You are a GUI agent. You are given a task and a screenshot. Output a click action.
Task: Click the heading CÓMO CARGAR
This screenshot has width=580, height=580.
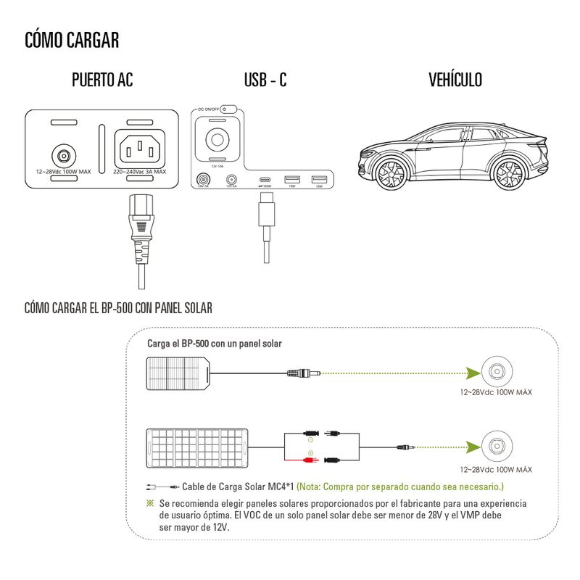click(x=72, y=39)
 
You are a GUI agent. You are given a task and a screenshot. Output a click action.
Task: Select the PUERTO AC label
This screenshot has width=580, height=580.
click(x=102, y=80)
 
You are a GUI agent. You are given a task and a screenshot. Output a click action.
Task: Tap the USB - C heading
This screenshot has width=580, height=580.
click(x=265, y=80)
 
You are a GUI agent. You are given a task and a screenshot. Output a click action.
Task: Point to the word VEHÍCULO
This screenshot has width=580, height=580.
click(x=455, y=80)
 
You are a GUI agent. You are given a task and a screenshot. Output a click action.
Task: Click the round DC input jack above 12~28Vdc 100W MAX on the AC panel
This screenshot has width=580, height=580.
click(x=63, y=154)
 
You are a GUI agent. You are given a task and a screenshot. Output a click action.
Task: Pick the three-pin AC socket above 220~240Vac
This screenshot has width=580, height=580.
click(x=140, y=151)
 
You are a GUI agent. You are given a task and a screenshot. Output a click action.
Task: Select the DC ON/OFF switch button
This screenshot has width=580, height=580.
click(x=223, y=109)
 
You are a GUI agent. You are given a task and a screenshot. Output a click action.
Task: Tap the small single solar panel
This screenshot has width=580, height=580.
click(x=178, y=373)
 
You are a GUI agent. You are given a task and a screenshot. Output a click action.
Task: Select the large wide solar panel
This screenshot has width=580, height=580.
click(x=197, y=449)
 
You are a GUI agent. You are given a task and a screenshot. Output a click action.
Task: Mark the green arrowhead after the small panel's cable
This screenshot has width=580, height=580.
click(x=471, y=373)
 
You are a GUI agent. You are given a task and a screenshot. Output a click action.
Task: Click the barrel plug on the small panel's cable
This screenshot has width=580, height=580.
click(x=304, y=373)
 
